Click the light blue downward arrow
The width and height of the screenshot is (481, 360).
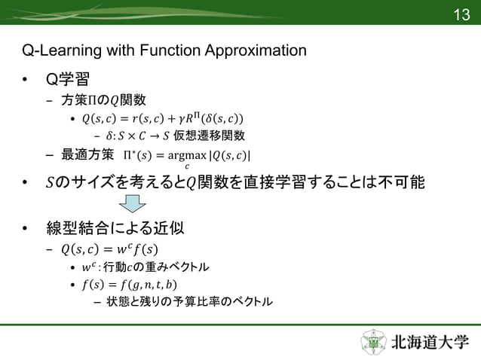click(133, 203)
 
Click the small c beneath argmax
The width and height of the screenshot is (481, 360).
click(186, 166)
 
